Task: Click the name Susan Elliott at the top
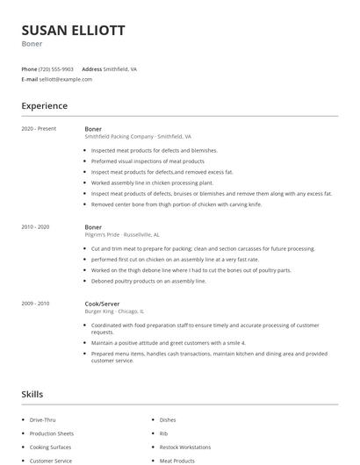coord(73,31)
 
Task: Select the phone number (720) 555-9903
coord(56,68)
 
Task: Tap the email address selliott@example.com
coord(65,79)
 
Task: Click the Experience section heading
coord(44,106)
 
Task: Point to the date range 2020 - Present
coord(39,129)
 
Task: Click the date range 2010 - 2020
coord(35,227)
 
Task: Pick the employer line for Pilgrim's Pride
coord(121,235)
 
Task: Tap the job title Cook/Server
coord(102,304)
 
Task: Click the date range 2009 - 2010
coord(35,304)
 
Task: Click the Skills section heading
coord(32,395)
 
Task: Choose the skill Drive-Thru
coord(42,420)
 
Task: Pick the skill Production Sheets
coord(52,433)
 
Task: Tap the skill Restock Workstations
coord(185,447)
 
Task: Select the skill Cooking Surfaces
coord(50,447)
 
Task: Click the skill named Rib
coord(163,433)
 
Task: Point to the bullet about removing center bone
coord(176,204)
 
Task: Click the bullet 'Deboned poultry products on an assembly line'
coord(148,282)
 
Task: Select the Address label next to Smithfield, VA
coord(92,68)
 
